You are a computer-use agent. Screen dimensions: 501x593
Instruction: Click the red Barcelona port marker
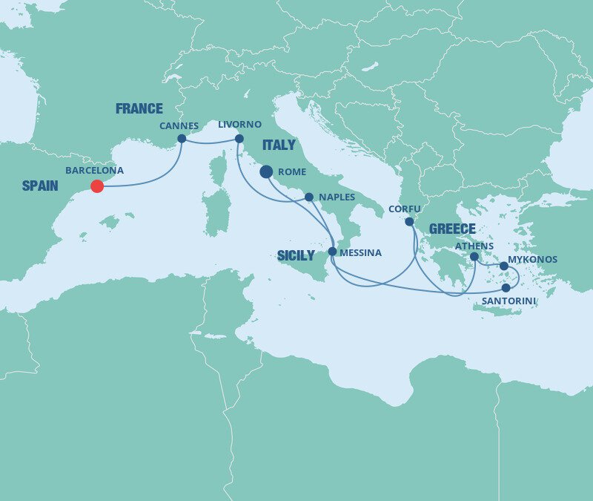(97, 186)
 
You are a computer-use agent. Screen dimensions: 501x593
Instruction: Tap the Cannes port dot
(182, 139)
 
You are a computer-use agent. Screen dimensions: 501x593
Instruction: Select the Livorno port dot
(239, 139)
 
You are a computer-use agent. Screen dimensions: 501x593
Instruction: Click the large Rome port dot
(266, 172)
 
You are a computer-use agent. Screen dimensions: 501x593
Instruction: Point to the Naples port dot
(309, 197)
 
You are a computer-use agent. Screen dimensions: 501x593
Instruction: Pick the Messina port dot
(332, 252)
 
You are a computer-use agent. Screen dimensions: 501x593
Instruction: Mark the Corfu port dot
(409, 221)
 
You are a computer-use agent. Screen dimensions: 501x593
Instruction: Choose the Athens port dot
(474, 257)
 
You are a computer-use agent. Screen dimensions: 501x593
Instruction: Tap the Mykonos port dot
(504, 266)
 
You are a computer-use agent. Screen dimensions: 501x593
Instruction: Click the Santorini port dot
(506, 288)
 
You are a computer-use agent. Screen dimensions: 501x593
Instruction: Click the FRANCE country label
(139, 109)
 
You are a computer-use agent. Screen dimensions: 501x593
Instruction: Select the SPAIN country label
(40, 186)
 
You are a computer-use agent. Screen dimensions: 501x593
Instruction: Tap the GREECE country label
(451, 229)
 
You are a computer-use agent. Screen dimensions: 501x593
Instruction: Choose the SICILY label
(296, 256)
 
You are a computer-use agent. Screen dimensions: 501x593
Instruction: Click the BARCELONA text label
(94, 170)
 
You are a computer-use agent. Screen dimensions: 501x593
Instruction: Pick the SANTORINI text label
(508, 301)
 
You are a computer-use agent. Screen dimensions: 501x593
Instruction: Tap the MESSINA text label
(360, 253)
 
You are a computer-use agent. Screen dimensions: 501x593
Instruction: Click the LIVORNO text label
(239, 124)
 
